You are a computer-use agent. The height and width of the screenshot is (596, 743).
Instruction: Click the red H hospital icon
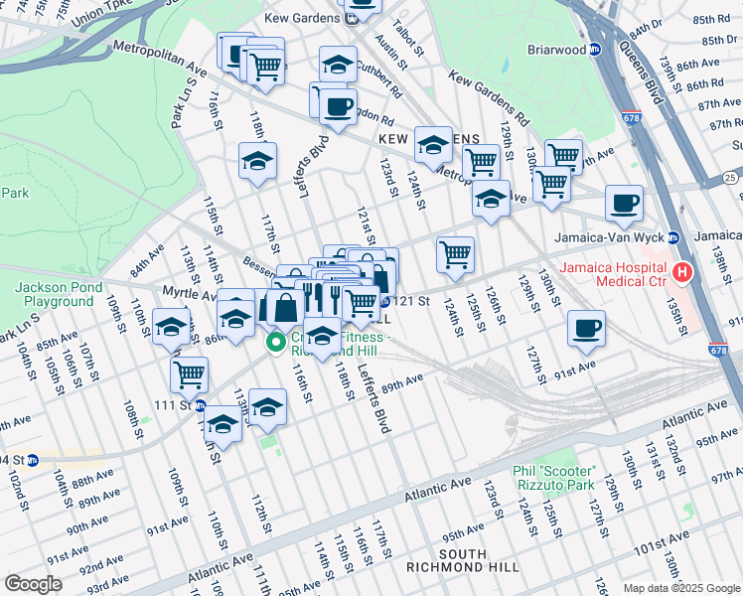point(682,271)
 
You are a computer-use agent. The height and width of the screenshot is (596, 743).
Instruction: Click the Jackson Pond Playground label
point(54,294)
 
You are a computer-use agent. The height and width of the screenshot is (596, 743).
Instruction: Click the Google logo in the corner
point(33,584)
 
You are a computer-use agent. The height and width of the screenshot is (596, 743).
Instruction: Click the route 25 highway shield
point(731,177)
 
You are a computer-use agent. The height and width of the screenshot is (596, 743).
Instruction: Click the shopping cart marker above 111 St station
point(189,373)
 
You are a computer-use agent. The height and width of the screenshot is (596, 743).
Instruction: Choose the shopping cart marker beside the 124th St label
point(455,253)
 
